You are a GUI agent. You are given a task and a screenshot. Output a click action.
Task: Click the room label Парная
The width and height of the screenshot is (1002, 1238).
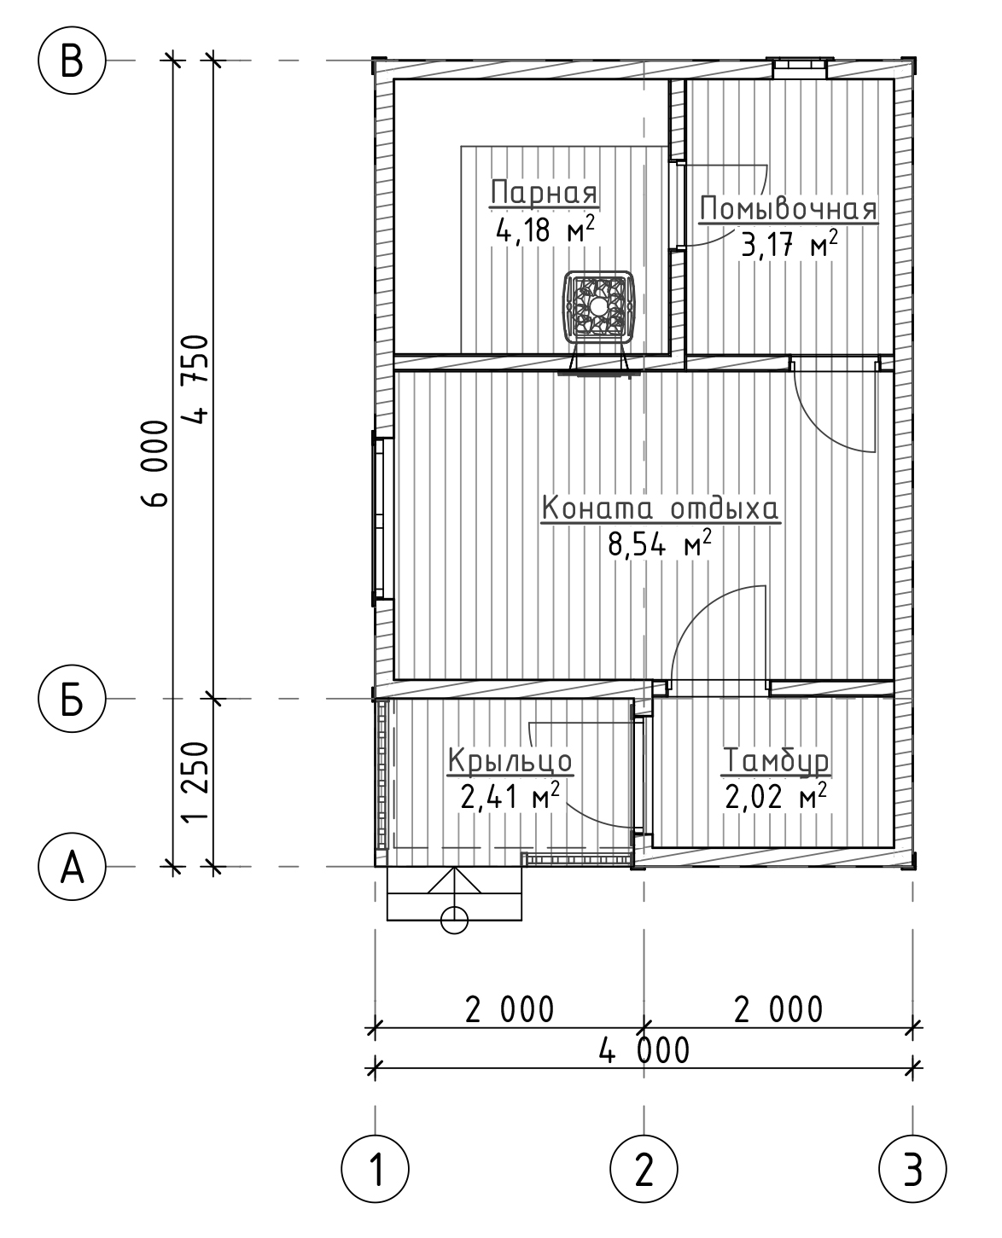pos(544,192)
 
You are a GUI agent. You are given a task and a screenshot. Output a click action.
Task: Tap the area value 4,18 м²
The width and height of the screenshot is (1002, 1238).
pos(545,229)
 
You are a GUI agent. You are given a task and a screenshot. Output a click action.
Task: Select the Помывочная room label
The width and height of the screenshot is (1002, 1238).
pos(788,209)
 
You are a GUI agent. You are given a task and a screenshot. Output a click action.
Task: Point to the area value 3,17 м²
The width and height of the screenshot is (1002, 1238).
pos(789,243)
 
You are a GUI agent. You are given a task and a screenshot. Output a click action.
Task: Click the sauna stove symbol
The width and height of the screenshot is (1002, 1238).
pos(598,305)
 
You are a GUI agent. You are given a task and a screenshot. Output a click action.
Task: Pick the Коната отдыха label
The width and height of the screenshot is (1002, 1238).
pos(661,509)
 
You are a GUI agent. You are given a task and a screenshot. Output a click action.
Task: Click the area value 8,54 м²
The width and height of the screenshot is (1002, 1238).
pos(660,543)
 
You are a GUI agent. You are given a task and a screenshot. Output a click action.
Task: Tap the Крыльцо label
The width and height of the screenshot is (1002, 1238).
pos(510,760)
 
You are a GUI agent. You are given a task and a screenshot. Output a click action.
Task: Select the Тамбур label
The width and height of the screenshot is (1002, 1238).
pos(776,760)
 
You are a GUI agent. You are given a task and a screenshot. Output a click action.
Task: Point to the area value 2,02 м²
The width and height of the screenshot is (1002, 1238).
pos(776,796)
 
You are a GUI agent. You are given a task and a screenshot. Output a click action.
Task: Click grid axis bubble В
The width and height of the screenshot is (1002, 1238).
pos(72,60)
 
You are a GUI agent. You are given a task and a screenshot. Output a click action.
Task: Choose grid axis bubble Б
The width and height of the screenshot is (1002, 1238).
pos(72,699)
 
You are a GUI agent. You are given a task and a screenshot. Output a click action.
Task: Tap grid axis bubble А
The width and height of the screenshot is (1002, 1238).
pos(72,867)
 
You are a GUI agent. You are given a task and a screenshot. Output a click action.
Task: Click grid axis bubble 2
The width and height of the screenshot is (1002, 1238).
pos(644,1169)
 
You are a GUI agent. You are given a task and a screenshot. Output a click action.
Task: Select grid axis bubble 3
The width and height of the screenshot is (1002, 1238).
pos(912,1169)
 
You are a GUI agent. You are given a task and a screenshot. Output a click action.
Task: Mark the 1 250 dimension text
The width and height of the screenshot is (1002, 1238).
pos(194,782)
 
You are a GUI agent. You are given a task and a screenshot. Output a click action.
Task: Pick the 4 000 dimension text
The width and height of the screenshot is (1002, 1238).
pos(644,1050)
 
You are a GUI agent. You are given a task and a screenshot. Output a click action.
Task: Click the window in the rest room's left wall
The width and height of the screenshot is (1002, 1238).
pos(380,518)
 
